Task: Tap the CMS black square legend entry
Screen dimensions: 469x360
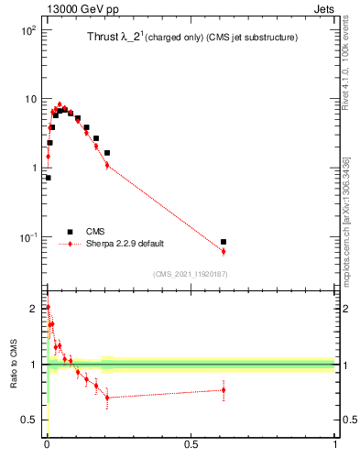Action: click(x=70, y=232)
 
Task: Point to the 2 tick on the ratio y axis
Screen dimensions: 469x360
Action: click(x=35, y=308)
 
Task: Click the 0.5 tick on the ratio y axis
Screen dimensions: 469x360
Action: click(x=31, y=420)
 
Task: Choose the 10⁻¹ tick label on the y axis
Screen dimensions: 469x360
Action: click(x=28, y=236)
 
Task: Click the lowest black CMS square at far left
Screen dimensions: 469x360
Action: click(x=48, y=178)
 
